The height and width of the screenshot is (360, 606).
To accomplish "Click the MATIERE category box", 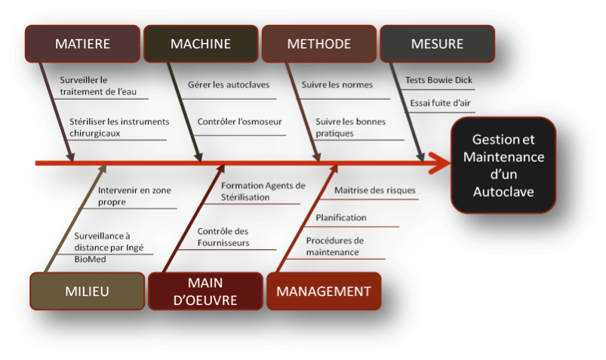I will point(83,44).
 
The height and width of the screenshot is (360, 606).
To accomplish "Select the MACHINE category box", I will point(201,44).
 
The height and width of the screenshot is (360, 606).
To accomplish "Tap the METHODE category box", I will point(318,44).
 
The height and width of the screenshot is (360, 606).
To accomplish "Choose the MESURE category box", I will point(437,44).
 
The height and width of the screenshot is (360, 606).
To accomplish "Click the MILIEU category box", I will point(86,291).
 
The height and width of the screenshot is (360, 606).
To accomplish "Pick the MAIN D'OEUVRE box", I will point(204,291).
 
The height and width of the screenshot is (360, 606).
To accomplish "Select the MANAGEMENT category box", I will point(323,291).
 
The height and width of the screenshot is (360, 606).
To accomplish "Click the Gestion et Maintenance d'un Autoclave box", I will point(503,165).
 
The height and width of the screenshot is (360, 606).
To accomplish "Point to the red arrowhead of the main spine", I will point(436,162).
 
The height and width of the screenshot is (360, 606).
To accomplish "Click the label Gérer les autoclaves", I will point(229,85).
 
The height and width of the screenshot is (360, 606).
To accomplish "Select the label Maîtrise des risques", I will point(375,190).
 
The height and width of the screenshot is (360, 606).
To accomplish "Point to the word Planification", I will point(341,218).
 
